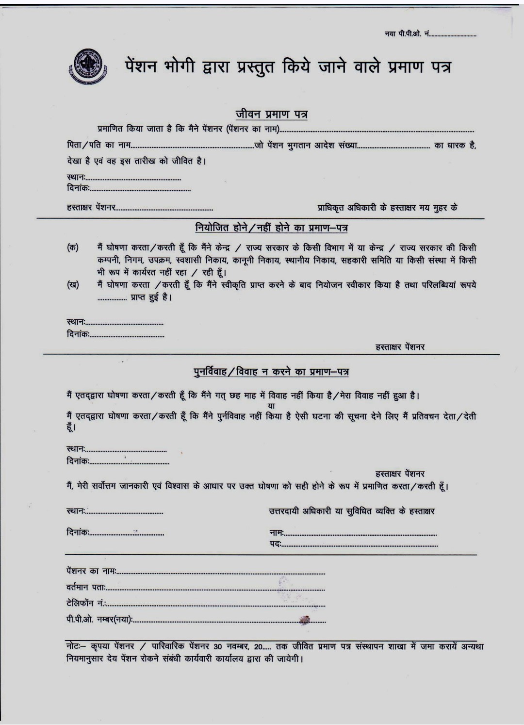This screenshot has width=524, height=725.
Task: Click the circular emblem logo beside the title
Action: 88,66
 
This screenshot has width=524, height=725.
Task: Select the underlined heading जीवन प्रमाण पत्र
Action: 271,115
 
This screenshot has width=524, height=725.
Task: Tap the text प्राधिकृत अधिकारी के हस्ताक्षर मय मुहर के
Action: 387,208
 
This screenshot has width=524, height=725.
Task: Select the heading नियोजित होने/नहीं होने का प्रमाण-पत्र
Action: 271,228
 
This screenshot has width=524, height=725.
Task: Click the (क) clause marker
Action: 73,247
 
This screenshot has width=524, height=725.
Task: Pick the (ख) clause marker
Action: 73,285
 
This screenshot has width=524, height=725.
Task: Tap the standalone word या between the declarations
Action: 271,405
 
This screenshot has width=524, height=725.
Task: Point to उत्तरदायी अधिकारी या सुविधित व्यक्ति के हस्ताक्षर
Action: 352,511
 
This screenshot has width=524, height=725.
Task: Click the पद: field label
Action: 275,545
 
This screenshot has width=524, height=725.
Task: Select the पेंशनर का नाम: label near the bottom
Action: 91,571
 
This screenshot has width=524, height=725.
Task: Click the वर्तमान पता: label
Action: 86,587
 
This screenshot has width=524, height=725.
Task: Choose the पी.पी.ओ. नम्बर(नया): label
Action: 99,619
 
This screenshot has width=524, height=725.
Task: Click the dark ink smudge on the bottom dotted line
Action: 304,619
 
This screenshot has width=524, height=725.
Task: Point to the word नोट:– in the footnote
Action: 76,647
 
